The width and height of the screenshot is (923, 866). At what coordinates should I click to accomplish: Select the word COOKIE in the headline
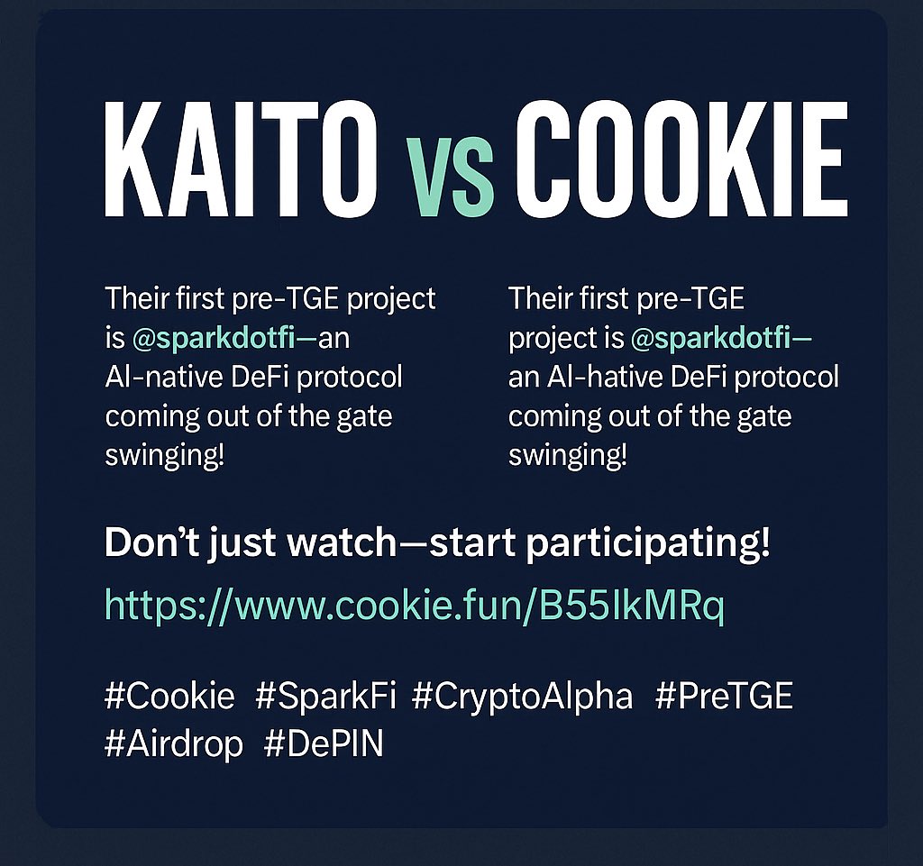click(681, 159)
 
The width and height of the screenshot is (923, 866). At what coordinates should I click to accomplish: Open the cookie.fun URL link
click(415, 606)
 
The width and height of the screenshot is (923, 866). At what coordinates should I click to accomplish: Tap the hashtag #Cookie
click(169, 696)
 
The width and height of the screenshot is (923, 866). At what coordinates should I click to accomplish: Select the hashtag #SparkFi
click(325, 696)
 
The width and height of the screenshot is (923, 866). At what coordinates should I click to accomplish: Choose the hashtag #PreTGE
click(724, 696)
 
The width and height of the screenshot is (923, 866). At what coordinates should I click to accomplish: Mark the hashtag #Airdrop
click(174, 744)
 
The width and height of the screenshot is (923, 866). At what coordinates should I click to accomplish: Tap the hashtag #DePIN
click(324, 743)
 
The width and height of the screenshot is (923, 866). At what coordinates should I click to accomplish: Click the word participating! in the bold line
click(647, 544)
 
